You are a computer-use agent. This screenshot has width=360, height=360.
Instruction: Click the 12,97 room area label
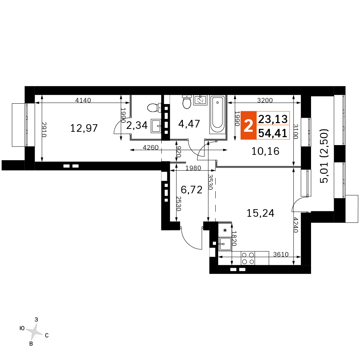point(84,128)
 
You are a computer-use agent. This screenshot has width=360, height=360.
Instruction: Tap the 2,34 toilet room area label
point(137,125)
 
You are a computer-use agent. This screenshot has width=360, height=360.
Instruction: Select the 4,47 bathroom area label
point(189,124)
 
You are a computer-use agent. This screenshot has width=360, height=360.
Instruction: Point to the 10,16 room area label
point(265,151)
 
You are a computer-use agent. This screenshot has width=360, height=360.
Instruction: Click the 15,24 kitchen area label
point(260,213)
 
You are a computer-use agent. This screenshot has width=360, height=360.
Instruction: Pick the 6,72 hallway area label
point(192,190)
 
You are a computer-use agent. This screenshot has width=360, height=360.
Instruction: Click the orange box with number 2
point(248,125)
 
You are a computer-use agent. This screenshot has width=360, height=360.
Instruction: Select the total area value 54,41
point(273,133)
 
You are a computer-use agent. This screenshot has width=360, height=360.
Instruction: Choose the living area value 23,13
point(273,119)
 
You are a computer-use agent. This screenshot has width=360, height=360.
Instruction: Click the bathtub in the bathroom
point(217,115)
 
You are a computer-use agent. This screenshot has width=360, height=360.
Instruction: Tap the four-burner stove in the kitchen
point(248,258)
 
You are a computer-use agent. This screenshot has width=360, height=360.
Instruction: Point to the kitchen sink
point(225,244)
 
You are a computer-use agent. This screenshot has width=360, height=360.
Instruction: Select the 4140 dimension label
point(83,100)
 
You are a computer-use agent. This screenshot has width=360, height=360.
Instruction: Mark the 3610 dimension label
point(281,255)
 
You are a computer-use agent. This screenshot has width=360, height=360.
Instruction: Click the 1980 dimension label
point(193,168)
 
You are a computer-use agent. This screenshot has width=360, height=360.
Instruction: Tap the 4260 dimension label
point(150,147)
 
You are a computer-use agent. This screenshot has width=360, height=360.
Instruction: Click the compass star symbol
point(34,332)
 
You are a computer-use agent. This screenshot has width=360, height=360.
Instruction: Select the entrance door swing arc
point(189,241)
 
